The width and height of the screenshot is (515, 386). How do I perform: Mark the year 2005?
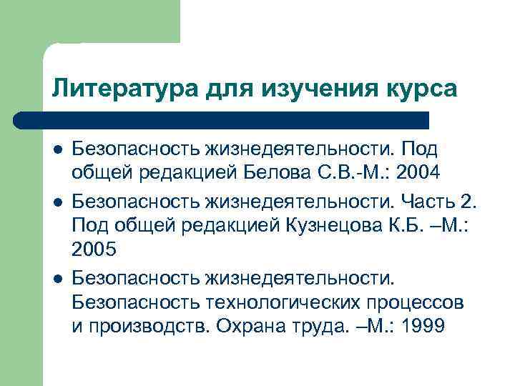tap(93, 249)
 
